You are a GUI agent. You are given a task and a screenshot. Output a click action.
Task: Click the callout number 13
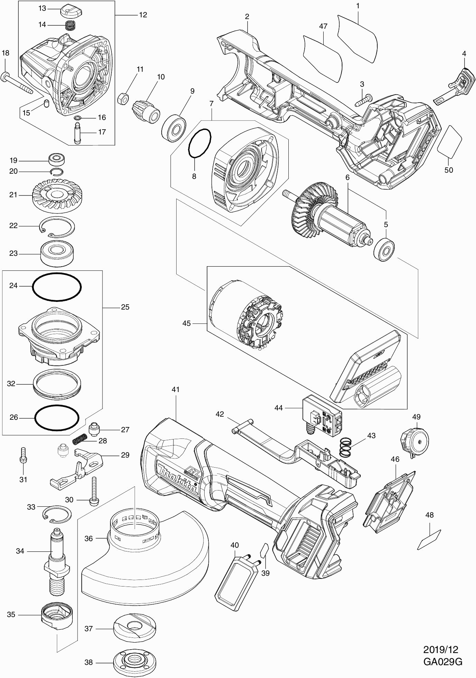pyautogui.click(x=42, y=8)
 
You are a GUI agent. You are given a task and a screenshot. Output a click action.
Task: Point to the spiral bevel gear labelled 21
pyautogui.click(x=55, y=196)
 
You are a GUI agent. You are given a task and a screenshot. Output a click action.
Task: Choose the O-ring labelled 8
pyautogui.click(x=200, y=143)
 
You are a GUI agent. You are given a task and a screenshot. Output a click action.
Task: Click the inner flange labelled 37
pyautogui.click(x=135, y=627)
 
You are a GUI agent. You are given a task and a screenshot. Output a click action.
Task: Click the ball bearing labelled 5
pyautogui.click(x=384, y=250)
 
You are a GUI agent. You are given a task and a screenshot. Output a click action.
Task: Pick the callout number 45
pyautogui.click(x=187, y=323)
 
